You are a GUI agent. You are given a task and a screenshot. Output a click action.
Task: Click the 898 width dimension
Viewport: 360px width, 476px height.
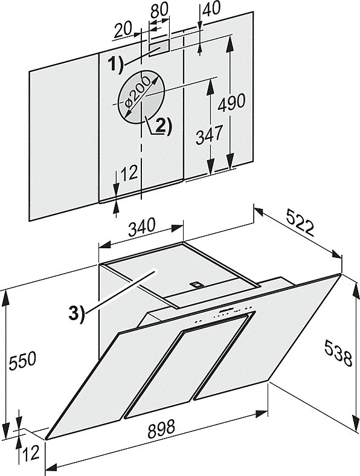point(161,429)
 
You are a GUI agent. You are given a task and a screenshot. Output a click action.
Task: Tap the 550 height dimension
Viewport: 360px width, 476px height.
point(23,361)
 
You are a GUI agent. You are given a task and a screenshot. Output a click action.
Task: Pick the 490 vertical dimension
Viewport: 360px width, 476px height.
point(231,102)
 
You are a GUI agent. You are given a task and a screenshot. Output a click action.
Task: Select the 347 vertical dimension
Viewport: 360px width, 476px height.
point(209,136)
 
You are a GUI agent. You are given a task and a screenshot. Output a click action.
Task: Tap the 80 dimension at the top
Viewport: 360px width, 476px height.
point(159,10)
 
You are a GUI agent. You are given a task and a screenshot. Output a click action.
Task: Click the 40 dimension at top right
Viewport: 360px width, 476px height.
point(211,9)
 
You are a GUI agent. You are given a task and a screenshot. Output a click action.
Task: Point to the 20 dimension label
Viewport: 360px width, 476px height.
point(123,30)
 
